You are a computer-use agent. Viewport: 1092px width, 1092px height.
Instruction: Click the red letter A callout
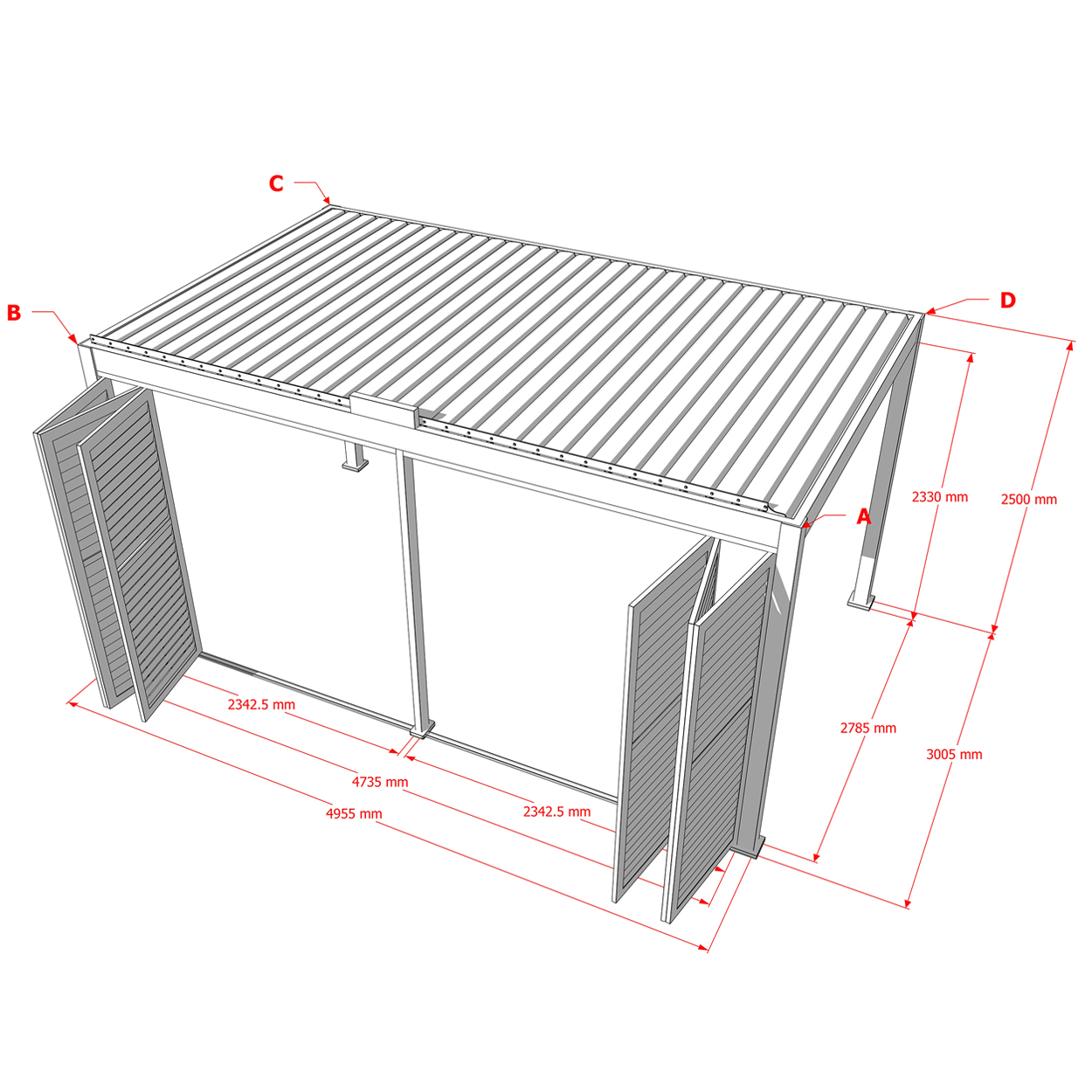tap(863, 516)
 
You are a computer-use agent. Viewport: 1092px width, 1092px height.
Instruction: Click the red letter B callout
tap(14, 313)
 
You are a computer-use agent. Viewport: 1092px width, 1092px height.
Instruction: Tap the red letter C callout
tap(276, 183)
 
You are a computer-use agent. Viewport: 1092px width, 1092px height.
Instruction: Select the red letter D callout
tap(1007, 301)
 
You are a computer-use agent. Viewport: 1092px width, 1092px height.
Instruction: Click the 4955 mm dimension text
tap(354, 813)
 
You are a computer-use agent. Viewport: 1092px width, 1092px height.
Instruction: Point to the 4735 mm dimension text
tap(380, 782)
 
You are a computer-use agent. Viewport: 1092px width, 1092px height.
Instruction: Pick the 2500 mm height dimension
tap(1029, 499)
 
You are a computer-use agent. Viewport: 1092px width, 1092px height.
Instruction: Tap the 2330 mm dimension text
tap(940, 497)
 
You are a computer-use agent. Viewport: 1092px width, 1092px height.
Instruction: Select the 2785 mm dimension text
tap(868, 729)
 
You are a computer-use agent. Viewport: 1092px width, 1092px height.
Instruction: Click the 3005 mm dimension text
tap(954, 754)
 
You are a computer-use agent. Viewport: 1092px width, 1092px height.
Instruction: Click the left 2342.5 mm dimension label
tap(262, 704)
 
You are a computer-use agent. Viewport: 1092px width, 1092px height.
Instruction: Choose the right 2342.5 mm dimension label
tap(557, 812)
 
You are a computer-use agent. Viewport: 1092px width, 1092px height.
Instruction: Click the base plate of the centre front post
tap(422, 729)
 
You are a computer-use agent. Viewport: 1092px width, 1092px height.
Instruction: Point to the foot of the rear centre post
tap(356, 466)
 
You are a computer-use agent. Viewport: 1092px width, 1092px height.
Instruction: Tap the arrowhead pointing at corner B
tap(73, 340)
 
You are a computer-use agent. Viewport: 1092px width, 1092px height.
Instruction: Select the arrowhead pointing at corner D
tap(930, 310)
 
